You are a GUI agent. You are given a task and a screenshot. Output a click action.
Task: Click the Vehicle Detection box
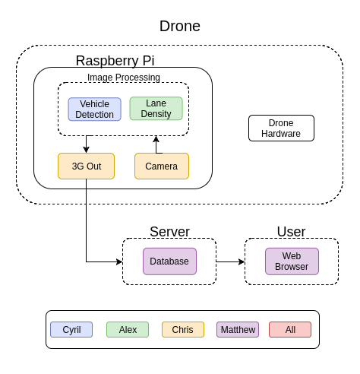94,109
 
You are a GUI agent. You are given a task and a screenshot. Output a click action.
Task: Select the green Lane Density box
156,109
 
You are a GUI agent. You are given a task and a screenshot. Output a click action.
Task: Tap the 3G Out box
86,166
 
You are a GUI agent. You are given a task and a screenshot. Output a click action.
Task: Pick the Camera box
162,166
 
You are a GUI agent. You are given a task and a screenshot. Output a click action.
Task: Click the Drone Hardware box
281,128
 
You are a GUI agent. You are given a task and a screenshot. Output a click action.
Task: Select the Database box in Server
169,261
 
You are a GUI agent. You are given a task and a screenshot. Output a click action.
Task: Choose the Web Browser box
292,261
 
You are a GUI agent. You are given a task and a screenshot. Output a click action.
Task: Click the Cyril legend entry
71,330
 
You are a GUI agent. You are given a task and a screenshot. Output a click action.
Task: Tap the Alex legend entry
128,330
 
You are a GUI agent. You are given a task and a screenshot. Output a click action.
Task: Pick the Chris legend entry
183,330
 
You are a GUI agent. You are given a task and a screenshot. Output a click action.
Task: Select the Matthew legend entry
238,330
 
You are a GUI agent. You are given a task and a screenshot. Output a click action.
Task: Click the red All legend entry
290,330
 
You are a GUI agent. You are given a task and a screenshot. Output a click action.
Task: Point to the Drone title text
180,26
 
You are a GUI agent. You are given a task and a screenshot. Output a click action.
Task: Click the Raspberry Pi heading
115,61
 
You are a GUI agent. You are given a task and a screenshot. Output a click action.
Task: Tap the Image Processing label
124,78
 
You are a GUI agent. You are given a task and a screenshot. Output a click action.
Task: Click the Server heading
169,232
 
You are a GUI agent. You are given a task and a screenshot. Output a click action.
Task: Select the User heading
291,232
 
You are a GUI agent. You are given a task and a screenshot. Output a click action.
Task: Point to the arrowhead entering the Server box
119,261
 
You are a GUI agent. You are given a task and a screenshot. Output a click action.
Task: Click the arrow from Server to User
231,261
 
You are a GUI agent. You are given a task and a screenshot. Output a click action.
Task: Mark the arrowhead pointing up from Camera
156,139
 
